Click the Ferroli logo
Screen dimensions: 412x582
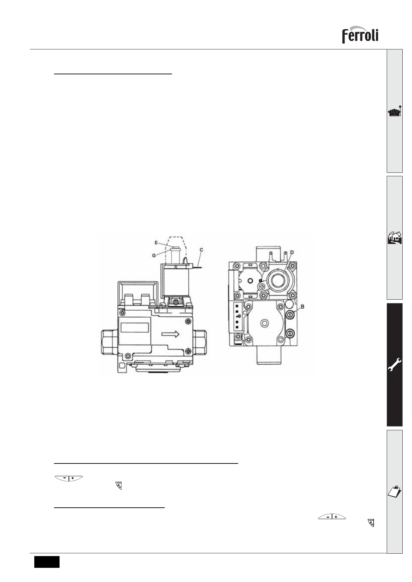tap(360, 35)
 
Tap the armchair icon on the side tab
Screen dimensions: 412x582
tap(395, 111)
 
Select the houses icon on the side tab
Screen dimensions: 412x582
tap(395, 238)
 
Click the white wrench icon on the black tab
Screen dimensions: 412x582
tap(395, 365)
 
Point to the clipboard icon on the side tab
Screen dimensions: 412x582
tap(395, 491)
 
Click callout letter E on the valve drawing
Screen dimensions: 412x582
tap(156, 243)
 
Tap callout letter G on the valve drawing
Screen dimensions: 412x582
tap(154, 255)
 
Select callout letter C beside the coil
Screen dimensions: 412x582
tap(201, 250)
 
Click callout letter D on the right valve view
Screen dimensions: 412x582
tap(292, 252)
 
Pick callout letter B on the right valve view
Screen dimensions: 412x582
tap(303, 307)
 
